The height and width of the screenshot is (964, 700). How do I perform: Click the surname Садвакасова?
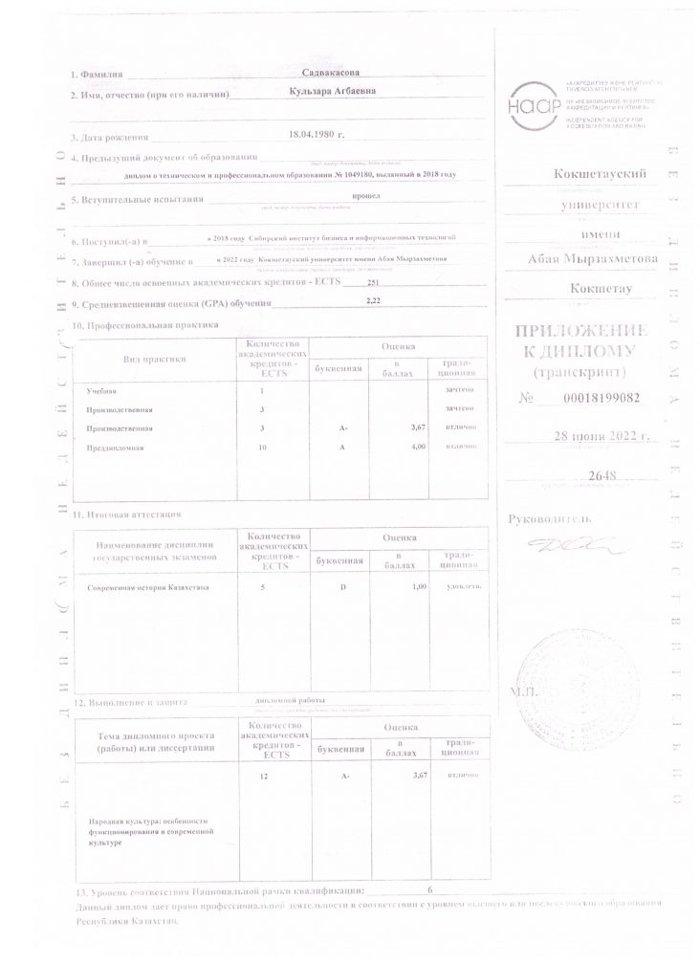(x=331, y=74)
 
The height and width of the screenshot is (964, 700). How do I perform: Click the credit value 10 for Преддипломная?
(x=263, y=447)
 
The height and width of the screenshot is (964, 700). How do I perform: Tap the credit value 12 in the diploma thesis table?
(x=263, y=778)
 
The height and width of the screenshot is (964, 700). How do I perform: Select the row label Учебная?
(x=100, y=392)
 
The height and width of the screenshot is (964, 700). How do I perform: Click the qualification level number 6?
(x=430, y=889)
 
